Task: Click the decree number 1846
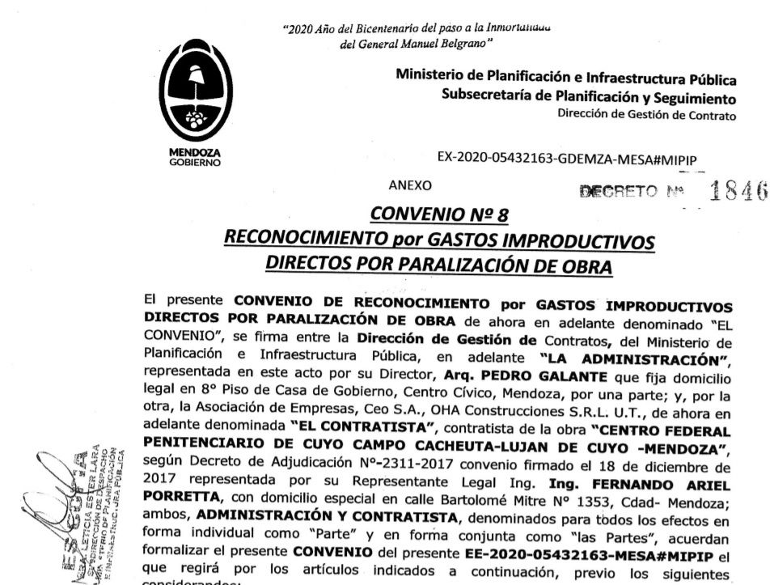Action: [737, 192]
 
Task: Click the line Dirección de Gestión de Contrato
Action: [646, 115]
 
